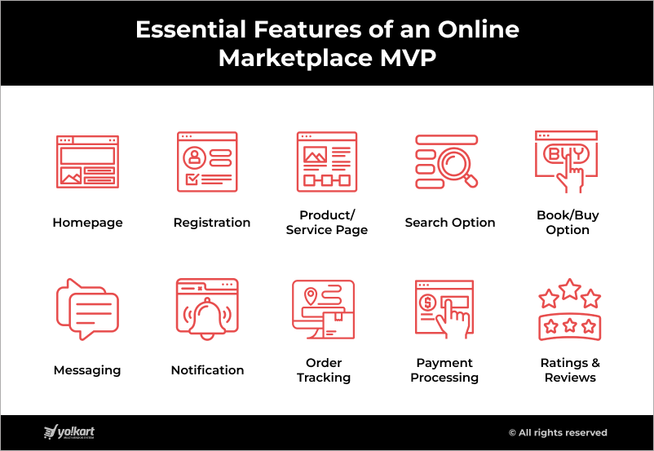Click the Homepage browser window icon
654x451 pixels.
pos(87,161)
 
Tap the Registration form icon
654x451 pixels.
pos(207,161)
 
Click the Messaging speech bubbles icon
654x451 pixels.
pos(87,309)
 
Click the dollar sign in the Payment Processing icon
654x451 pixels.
pos(427,302)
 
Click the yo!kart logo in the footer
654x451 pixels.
pos(69,432)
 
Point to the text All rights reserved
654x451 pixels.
pos(558,432)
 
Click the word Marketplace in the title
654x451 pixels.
pos(296,59)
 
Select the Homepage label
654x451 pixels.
pos(87,223)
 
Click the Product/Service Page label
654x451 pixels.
pos(327,223)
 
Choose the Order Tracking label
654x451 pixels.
pos(324,370)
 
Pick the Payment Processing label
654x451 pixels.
pos(444,370)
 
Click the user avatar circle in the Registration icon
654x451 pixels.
pos(194,157)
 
